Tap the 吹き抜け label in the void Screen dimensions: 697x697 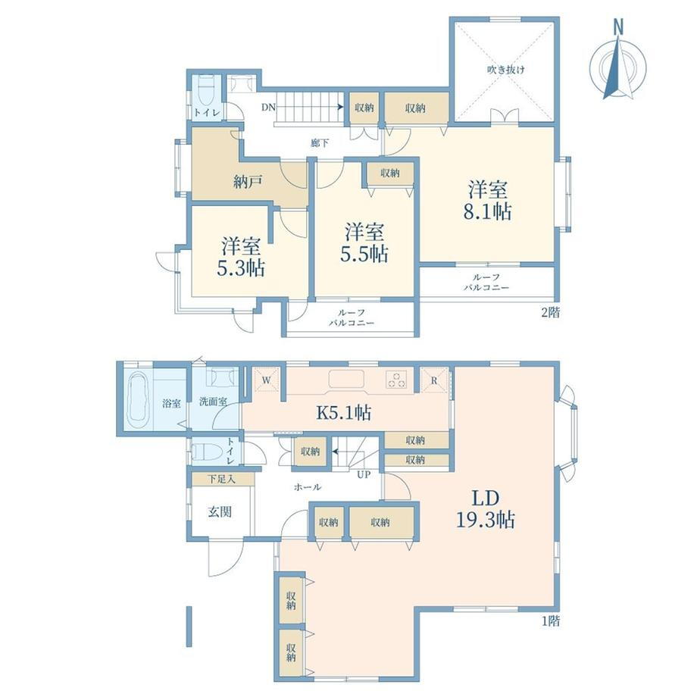(506, 70)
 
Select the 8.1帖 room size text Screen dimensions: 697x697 (487, 212)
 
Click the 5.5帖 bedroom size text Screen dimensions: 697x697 (364, 254)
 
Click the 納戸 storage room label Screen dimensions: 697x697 (248, 181)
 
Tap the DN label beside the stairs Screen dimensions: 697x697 (268, 107)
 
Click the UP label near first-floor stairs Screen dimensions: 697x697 (364, 475)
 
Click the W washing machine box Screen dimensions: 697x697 (266, 380)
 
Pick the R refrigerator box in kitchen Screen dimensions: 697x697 (434, 380)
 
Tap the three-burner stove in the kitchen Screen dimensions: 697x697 (395, 379)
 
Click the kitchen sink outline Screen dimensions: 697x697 (346, 379)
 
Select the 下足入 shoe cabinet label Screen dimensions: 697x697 (221, 479)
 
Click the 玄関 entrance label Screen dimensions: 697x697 (220, 511)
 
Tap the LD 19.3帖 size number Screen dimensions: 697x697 (486, 519)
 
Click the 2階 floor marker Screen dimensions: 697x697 (550, 312)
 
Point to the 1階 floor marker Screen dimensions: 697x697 (550, 620)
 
